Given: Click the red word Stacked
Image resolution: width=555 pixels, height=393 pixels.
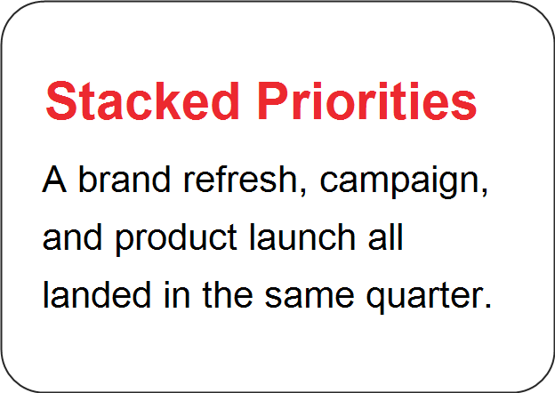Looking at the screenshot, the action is [x=142, y=100].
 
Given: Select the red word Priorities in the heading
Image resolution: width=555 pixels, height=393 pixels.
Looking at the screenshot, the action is [x=367, y=100].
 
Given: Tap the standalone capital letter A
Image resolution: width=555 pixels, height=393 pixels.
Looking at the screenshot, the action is [x=54, y=179].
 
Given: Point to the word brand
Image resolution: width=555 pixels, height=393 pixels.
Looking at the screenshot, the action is [x=125, y=179].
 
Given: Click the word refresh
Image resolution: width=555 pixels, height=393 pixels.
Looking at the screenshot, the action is [x=240, y=179].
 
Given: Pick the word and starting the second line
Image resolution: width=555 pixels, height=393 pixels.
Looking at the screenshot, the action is [x=72, y=237].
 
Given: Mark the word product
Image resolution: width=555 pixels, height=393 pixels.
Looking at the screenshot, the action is [x=176, y=239].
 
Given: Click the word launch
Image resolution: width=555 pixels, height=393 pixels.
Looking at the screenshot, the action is [x=302, y=237].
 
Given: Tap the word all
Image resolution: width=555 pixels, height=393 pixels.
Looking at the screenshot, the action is [x=385, y=237].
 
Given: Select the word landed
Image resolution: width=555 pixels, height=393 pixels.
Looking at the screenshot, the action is [x=97, y=294].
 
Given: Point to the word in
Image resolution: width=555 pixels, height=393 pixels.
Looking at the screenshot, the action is [x=177, y=294].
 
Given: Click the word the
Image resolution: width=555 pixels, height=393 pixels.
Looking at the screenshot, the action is [x=227, y=294].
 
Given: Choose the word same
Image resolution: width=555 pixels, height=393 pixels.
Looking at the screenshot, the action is [x=310, y=298].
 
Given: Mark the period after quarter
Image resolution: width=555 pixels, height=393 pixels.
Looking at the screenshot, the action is [x=487, y=305].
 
